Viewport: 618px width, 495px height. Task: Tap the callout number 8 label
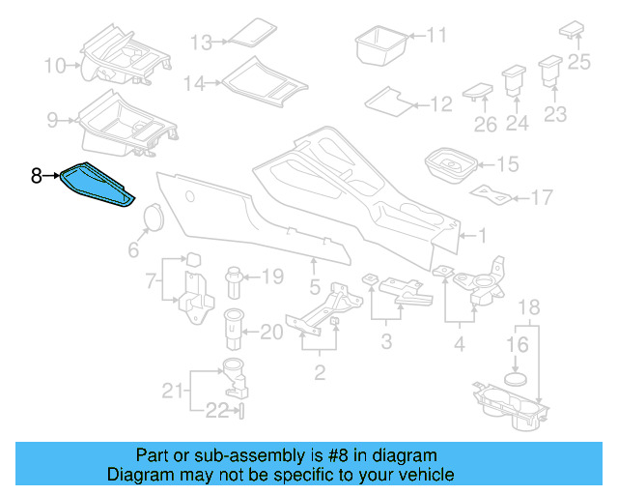[36, 176]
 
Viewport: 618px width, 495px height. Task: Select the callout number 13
[200, 43]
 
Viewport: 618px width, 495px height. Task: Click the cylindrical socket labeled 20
[235, 330]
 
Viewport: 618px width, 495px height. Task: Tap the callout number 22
[216, 411]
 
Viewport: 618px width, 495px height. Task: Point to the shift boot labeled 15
[449, 164]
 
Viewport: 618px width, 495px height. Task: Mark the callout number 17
[542, 198]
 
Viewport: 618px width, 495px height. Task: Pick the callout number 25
[578, 64]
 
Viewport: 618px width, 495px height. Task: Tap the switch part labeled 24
[512, 78]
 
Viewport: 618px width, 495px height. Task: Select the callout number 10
[55, 66]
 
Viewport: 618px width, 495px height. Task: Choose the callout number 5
[314, 286]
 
